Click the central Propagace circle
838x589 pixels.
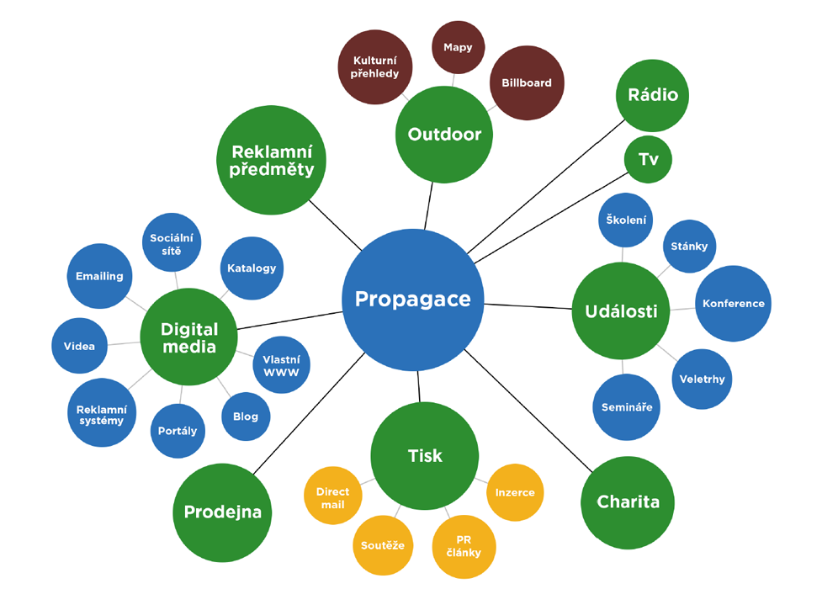tap(412, 300)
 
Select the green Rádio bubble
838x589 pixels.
tap(652, 95)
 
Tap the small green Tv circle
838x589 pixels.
tap(648, 159)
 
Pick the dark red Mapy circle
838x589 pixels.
tap(458, 47)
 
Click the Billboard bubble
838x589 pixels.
tap(527, 83)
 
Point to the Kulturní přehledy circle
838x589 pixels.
tap(375, 67)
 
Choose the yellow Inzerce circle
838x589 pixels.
tap(515, 492)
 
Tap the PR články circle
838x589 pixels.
tap(464, 546)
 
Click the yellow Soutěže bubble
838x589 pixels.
tap(382, 545)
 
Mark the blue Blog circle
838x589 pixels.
tap(246, 417)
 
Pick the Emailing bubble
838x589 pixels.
tap(99, 276)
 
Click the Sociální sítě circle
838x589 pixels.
tap(172, 244)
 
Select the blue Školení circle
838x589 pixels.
tap(626, 220)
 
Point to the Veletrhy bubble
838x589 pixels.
tap(702, 379)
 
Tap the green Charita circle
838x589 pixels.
tap(628, 502)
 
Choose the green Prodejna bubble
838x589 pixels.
tap(222, 512)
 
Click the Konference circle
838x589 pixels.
tap(733, 304)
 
